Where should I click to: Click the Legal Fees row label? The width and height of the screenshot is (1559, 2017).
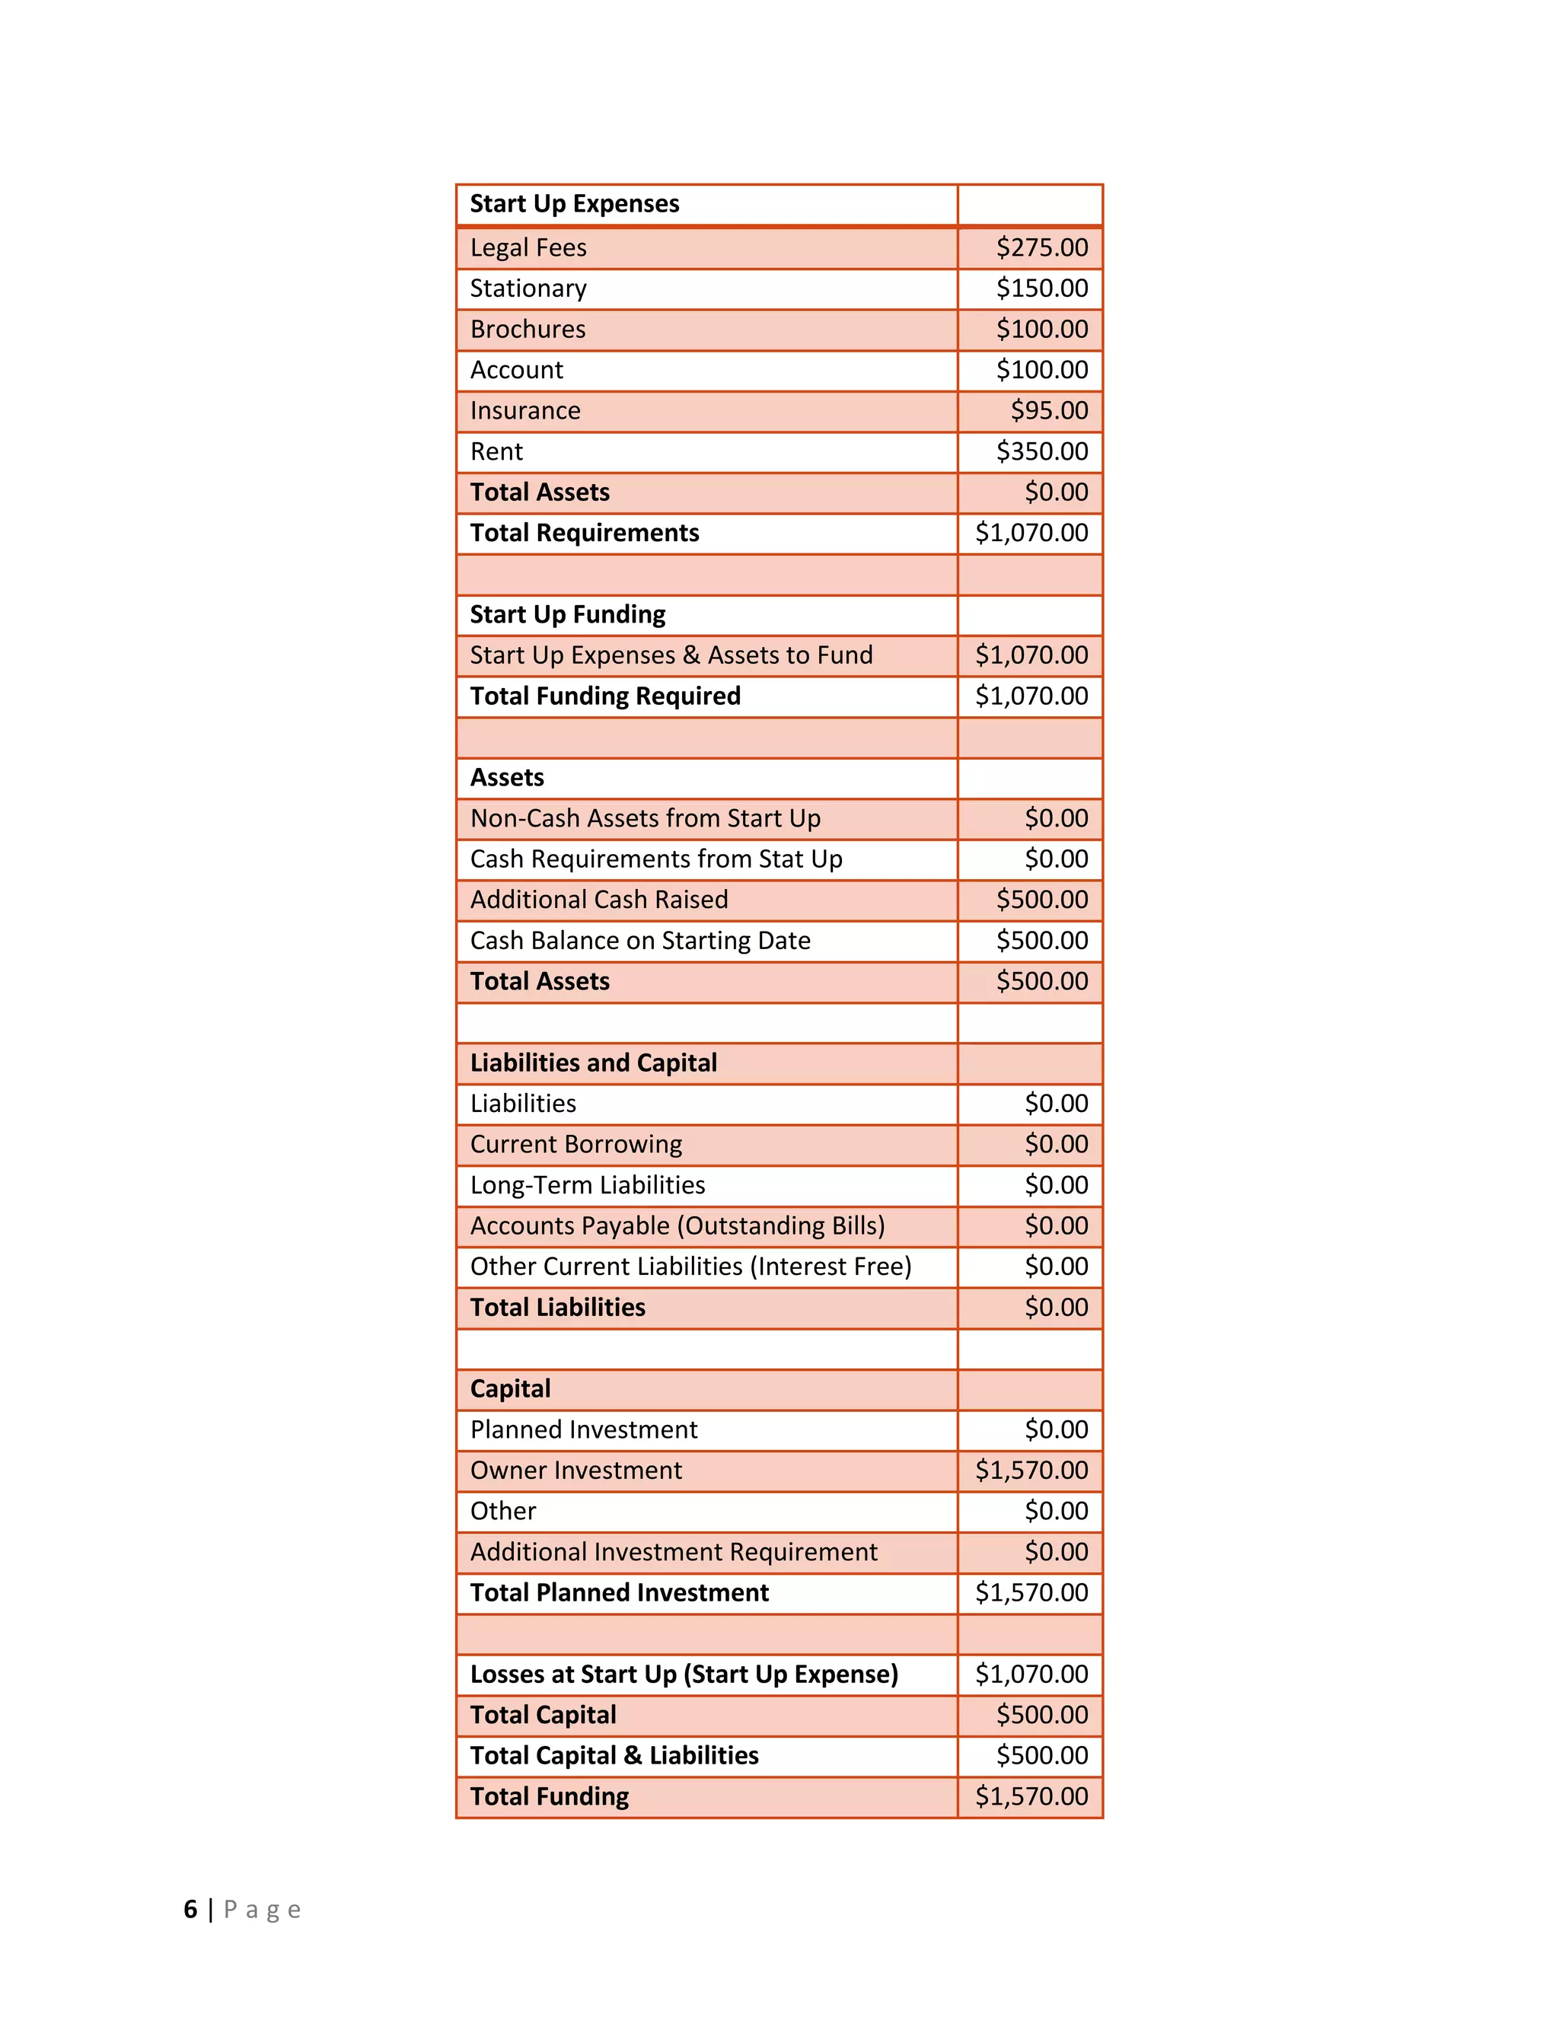point(528,247)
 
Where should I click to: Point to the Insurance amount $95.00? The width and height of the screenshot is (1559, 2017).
point(1048,410)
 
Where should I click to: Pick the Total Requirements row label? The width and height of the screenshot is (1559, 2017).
point(584,533)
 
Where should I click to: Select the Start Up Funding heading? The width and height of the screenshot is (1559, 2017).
point(567,614)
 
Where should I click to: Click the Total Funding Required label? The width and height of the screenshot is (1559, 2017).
point(605,696)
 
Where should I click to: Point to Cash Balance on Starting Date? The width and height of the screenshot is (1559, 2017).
point(639,940)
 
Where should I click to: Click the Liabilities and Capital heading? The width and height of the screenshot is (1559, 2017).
point(593,1063)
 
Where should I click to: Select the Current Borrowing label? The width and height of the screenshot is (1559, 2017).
point(575,1144)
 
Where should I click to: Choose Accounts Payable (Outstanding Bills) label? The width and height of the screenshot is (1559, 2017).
point(677,1225)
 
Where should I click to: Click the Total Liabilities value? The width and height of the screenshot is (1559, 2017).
point(1056,1307)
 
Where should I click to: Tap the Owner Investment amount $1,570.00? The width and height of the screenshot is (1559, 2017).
point(1031,1471)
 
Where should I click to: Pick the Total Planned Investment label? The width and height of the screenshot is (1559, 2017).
point(619,1592)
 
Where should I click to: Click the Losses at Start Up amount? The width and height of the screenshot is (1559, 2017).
point(1031,1674)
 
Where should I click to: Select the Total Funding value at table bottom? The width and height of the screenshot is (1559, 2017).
point(1031,1796)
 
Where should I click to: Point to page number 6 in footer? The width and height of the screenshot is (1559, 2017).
point(190,1909)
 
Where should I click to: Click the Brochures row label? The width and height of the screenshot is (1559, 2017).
point(528,329)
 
